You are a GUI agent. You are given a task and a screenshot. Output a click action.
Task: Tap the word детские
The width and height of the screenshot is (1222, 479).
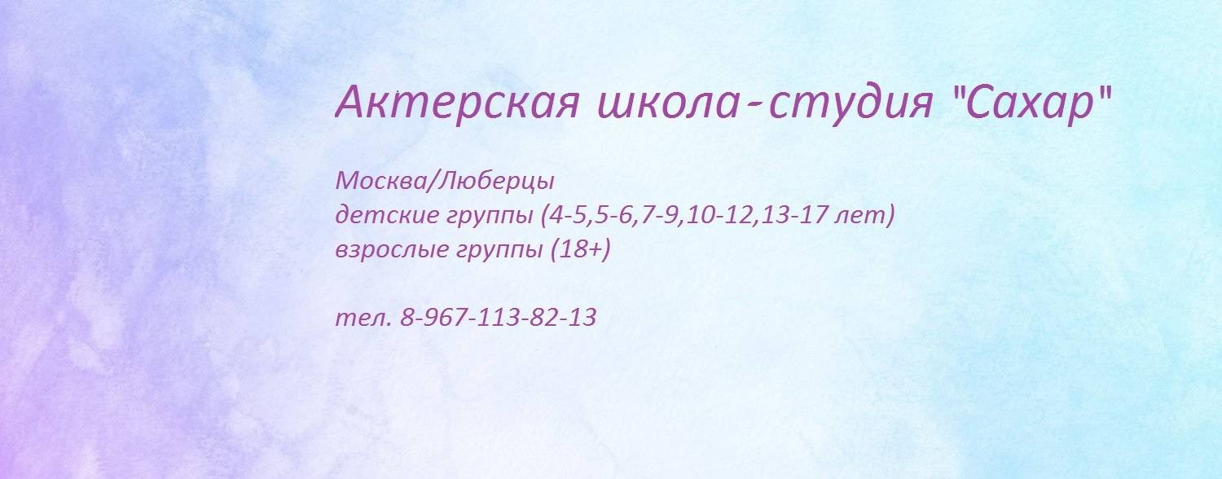pyautogui.click(x=386, y=216)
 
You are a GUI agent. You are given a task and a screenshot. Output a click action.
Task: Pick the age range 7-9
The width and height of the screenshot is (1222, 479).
pyautogui.click(x=659, y=216)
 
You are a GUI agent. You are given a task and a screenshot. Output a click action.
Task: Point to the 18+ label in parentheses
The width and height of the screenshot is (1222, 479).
pyautogui.click(x=580, y=251)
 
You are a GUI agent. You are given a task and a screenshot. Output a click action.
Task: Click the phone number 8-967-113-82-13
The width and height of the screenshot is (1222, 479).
pyautogui.click(x=499, y=318)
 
